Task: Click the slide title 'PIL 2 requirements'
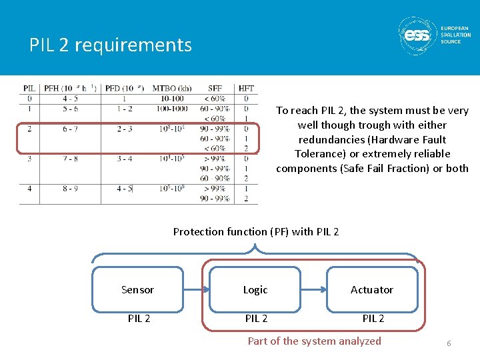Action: [111, 45]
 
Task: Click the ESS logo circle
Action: [418, 35]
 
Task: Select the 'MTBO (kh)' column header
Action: [172, 88]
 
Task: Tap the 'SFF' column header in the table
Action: [215, 88]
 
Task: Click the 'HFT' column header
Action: [246, 88]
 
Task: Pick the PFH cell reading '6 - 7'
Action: [70, 129]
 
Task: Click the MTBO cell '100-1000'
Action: [171, 109]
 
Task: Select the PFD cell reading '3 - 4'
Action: [124, 159]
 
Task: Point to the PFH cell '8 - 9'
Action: [70, 189]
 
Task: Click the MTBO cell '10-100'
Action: [171, 99]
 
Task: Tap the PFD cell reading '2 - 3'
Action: [124, 129]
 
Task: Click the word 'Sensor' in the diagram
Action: [137, 290]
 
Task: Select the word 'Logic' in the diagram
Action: [255, 290]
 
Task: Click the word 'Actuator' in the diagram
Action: [372, 290]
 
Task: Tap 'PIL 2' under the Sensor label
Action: [139, 319]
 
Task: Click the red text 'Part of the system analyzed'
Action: [315, 341]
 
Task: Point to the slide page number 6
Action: [449, 343]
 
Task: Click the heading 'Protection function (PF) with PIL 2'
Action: [256, 232]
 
